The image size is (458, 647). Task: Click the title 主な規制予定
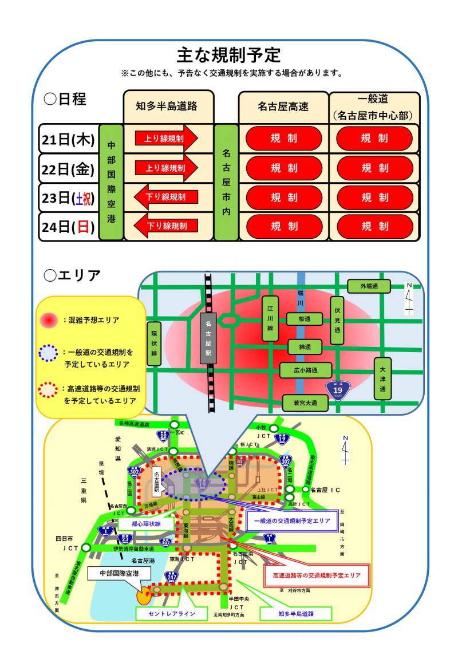(228, 55)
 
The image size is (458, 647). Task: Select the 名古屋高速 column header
(283, 106)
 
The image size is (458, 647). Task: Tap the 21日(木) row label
(68, 139)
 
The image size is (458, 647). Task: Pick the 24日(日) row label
(68, 227)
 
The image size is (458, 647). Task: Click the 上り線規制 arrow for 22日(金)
(166, 168)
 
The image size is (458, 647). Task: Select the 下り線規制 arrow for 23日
(166, 197)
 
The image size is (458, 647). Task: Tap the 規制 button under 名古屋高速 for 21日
(284, 139)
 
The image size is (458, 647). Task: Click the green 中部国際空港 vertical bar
(111, 182)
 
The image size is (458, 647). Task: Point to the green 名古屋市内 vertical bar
(226, 182)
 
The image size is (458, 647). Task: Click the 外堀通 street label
(369, 286)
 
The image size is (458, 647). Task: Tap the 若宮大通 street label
(306, 403)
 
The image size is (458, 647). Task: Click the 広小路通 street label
(305, 370)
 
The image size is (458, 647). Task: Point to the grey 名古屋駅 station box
(209, 338)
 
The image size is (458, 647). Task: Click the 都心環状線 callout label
(146, 523)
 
